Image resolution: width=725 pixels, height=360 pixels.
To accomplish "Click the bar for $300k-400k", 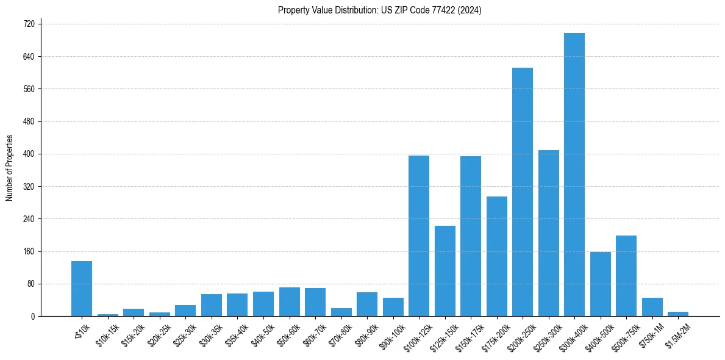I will (574, 175).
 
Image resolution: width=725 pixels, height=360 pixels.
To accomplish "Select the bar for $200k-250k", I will (523, 192).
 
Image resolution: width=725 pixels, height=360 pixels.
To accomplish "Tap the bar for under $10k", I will (82, 289).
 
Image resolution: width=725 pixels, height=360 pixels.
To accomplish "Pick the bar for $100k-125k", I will (419, 236).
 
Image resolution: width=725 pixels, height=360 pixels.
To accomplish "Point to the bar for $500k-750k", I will (626, 276).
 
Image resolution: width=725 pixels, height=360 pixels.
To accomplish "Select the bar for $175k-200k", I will (497, 256).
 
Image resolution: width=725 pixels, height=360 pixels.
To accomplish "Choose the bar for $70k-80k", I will (341, 312).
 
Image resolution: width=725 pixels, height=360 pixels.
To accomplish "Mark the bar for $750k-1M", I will (652, 307).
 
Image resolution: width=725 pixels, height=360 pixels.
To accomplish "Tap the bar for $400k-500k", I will (601, 284).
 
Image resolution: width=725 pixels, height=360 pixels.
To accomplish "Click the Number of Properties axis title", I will (10, 168).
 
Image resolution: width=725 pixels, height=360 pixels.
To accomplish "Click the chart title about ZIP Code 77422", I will (379, 10).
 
